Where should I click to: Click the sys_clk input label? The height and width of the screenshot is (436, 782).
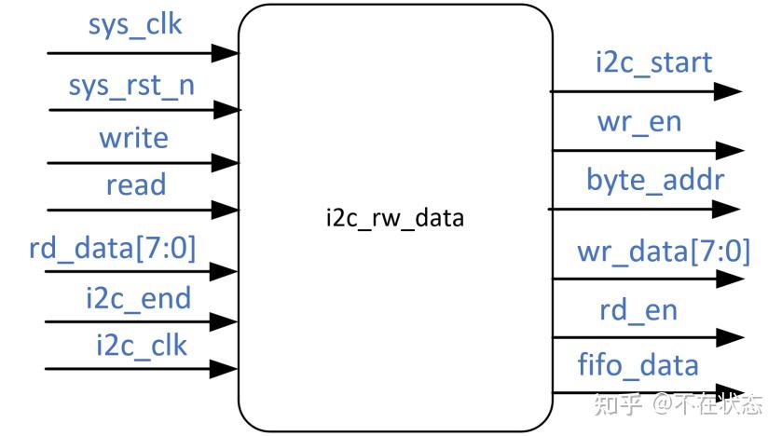click(x=135, y=25)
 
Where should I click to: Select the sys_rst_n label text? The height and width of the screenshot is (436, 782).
click(x=131, y=86)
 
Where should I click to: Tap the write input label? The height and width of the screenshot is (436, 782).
click(x=134, y=139)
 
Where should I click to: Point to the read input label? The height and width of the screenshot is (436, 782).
click(x=135, y=185)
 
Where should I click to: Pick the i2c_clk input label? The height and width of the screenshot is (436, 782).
click(x=141, y=346)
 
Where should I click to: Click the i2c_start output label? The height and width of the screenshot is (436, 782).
click(x=653, y=62)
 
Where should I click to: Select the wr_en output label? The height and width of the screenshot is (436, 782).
click(x=639, y=121)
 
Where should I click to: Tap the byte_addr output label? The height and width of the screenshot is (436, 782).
click(x=654, y=179)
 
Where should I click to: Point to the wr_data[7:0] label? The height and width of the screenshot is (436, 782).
click(x=663, y=251)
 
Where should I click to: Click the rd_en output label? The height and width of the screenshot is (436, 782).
click(x=638, y=310)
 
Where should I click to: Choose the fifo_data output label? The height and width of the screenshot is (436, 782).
click(x=638, y=364)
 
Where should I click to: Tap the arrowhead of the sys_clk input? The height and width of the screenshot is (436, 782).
click(x=224, y=53)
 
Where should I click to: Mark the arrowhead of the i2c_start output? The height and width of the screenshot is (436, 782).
click(x=727, y=91)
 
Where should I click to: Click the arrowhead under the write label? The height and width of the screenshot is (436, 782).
click(x=224, y=163)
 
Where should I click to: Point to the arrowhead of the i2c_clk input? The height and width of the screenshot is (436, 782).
click(x=224, y=369)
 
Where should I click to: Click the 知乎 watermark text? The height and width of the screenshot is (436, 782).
click(x=615, y=405)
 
